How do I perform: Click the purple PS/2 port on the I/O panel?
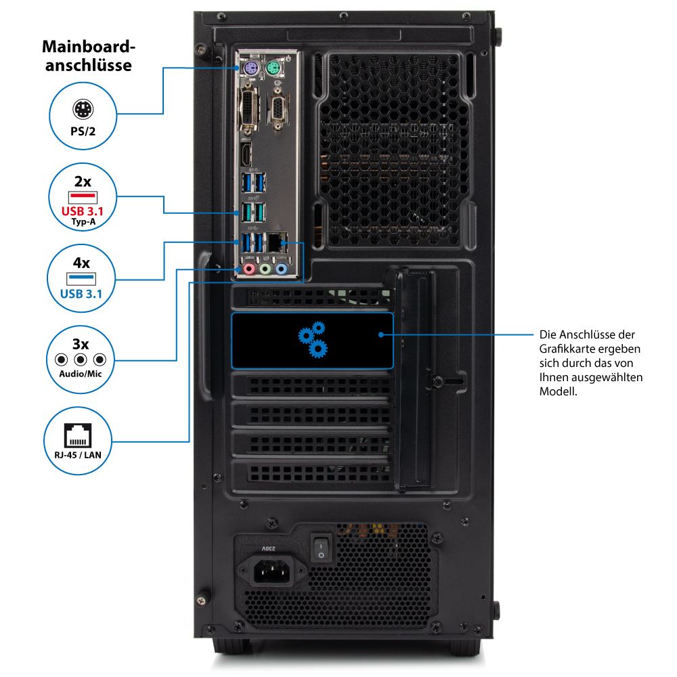click(249, 68)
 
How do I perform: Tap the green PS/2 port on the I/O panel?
click(274, 68)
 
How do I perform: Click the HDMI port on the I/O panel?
click(248, 154)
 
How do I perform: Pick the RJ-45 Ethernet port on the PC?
click(274, 242)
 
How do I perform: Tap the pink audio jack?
click(249, 269)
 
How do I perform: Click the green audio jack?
click(265, 269)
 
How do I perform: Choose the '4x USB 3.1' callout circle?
click(81, 279)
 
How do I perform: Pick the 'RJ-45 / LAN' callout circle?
click(81, 440)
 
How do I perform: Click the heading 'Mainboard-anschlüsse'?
click(89, 56)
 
